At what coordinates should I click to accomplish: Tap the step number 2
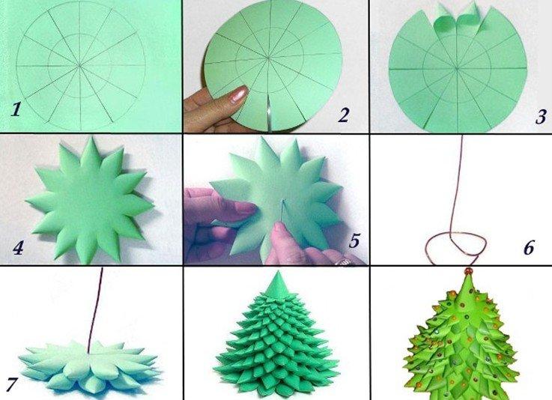pyautogui.click(x=345, y=115)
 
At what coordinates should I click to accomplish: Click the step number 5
pyautogui.click(x=355, y=241)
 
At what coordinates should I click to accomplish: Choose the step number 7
pyautogui.click(x=11, y=384)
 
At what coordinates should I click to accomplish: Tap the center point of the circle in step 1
pyautogui.click(x=80, y=66)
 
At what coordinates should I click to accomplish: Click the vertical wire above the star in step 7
pyautogui.click(x=96, y=307)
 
